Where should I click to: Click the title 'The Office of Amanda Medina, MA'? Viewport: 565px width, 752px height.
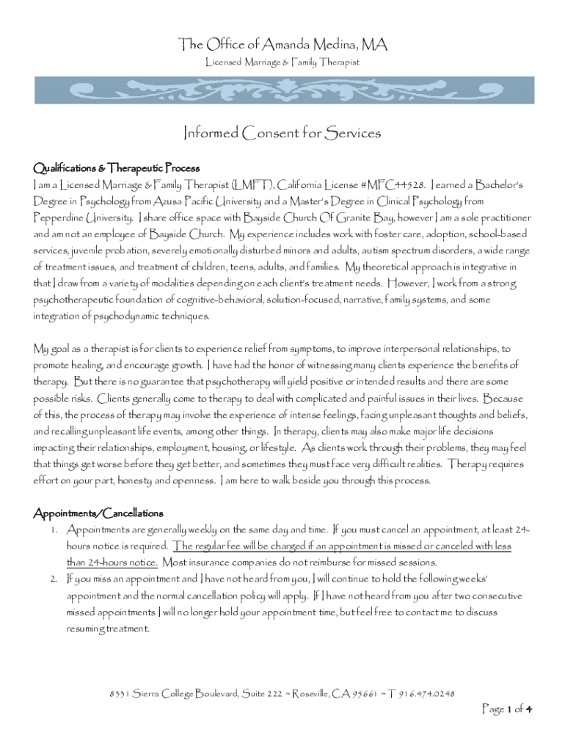point(282,46)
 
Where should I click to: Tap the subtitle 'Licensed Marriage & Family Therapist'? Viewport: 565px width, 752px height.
point(282,63)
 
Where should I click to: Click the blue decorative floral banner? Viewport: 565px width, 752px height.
point(282,90)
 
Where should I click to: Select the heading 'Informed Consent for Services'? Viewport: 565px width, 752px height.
point(282,134)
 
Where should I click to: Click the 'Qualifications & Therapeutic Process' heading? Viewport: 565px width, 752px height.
point(117,167)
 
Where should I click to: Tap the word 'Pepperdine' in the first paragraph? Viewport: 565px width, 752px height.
point(56,218)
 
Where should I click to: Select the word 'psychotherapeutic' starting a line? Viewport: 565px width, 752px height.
point(74,300)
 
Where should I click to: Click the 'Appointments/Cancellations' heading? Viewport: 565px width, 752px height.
point(98,513)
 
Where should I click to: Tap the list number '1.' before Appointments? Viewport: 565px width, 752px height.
point(53,529)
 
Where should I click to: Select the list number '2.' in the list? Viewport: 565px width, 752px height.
point(53,579)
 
